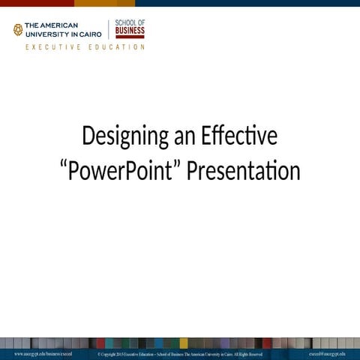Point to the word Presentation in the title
tap(244, 171)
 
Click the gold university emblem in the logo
tap(18, 30)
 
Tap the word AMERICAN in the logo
tap(61, 25)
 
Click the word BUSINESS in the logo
tap(130, 31)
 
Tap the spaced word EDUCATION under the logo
tap(117, 47)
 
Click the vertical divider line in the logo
tap(109, 29)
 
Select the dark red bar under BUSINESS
tap(130, 37)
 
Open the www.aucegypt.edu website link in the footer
tap(43, 353)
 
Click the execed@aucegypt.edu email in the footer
tap(327, 353)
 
